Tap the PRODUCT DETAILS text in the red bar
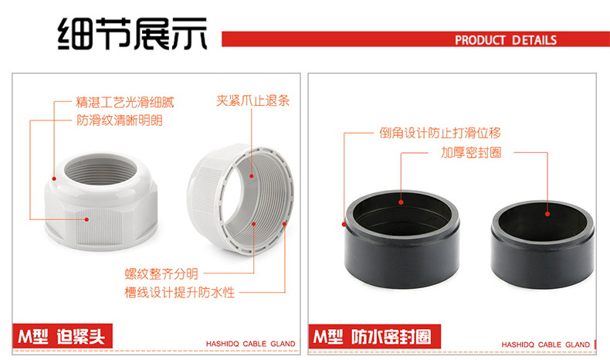505,40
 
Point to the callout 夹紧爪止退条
252,100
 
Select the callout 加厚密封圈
471,152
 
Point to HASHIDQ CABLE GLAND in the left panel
250,345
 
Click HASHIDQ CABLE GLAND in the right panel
545,345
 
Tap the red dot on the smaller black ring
547,214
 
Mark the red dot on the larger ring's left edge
344,225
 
